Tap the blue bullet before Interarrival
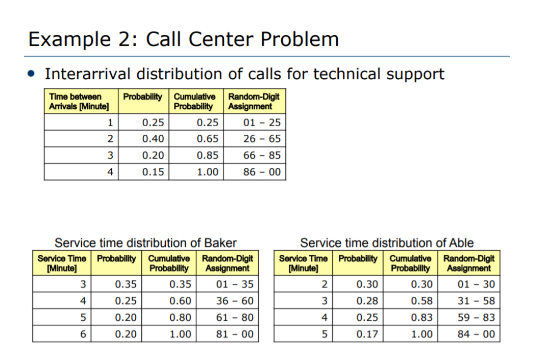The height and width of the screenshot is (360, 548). click(x=32, y=75)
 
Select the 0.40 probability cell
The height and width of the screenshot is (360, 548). click(x=153, y=139)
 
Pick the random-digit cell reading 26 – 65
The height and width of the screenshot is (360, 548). click(x=262, y=139)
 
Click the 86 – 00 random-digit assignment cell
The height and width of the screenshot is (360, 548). click(x=262, y=172)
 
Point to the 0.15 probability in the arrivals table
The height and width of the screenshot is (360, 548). click(x=153, y=172)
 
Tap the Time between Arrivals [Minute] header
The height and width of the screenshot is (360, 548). click(x=80, y=102)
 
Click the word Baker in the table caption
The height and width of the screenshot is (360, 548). click(x=220, y=243)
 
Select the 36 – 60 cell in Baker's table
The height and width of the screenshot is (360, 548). click(x=235, y=301)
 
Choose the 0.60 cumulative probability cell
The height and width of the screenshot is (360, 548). click(x=180, y=301)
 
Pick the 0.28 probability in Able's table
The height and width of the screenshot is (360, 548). click(x=367, y=301)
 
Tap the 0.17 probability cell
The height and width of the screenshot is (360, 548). click(x=367, y=334)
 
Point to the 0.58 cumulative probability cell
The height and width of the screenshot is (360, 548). click(x=421, y=301)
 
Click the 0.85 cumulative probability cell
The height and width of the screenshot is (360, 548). click(x=207, y=156)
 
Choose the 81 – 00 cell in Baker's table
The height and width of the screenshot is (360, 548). click(x=235, y=334)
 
